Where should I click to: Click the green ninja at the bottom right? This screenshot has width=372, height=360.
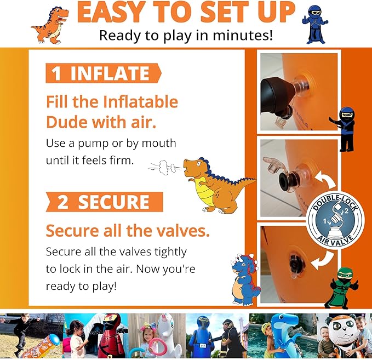[340, 284]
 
